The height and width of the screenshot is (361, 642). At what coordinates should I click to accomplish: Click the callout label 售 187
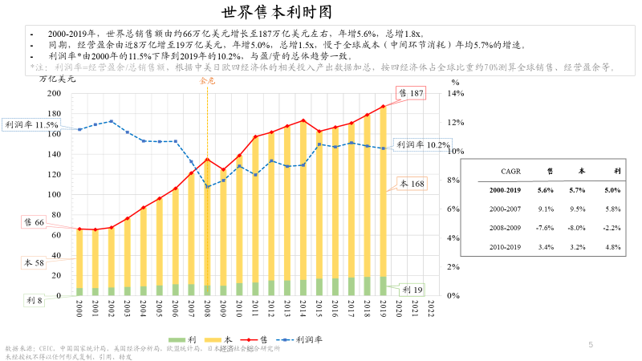click(x=410, y=94)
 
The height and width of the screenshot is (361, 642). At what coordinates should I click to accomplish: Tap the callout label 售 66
click(x=33, y=222)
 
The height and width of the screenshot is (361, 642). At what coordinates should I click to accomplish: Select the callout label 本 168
click(x=411, y=185)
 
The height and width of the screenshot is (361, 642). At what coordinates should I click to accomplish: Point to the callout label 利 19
click(x=412, y=290)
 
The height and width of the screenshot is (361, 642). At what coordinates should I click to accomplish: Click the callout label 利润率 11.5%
click(x=31, y=125)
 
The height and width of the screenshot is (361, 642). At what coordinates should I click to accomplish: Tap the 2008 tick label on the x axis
click(x=207, y=309)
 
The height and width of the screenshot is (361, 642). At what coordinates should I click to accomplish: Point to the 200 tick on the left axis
click(x=54, y=93)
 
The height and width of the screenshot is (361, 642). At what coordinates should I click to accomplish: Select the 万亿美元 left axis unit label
click(x=58, y=79)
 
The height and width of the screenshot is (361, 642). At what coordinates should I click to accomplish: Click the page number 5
click(x=591, y=345)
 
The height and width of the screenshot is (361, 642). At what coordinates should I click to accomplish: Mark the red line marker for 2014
click(x=303, y=120)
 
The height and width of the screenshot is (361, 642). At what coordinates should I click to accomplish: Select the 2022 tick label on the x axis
click(x=431, y=309)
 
